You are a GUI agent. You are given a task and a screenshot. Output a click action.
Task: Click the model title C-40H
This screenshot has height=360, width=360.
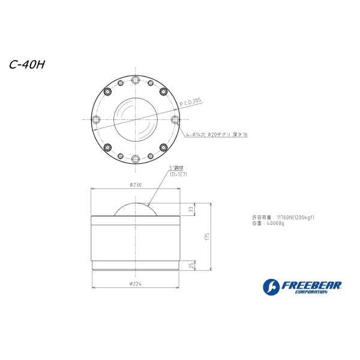(27, 65)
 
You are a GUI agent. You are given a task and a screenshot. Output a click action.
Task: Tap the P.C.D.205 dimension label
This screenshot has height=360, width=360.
(190, 102)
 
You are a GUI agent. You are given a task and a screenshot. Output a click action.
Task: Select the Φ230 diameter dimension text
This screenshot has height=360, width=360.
(136, 185)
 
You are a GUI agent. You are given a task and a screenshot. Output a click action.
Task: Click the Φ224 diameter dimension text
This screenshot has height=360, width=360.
(136, 284)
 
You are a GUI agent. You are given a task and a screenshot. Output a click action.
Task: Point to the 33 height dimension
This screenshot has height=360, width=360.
(191, 209)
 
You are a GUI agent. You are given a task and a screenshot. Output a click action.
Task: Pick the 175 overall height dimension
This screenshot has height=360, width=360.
(208, 237)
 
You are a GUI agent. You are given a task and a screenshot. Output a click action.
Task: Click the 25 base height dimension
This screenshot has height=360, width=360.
(191, 266)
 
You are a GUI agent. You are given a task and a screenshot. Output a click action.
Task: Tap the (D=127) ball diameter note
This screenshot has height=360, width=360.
(178, 174)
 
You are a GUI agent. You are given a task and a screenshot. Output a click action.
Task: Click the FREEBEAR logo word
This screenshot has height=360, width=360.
(311, 286)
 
